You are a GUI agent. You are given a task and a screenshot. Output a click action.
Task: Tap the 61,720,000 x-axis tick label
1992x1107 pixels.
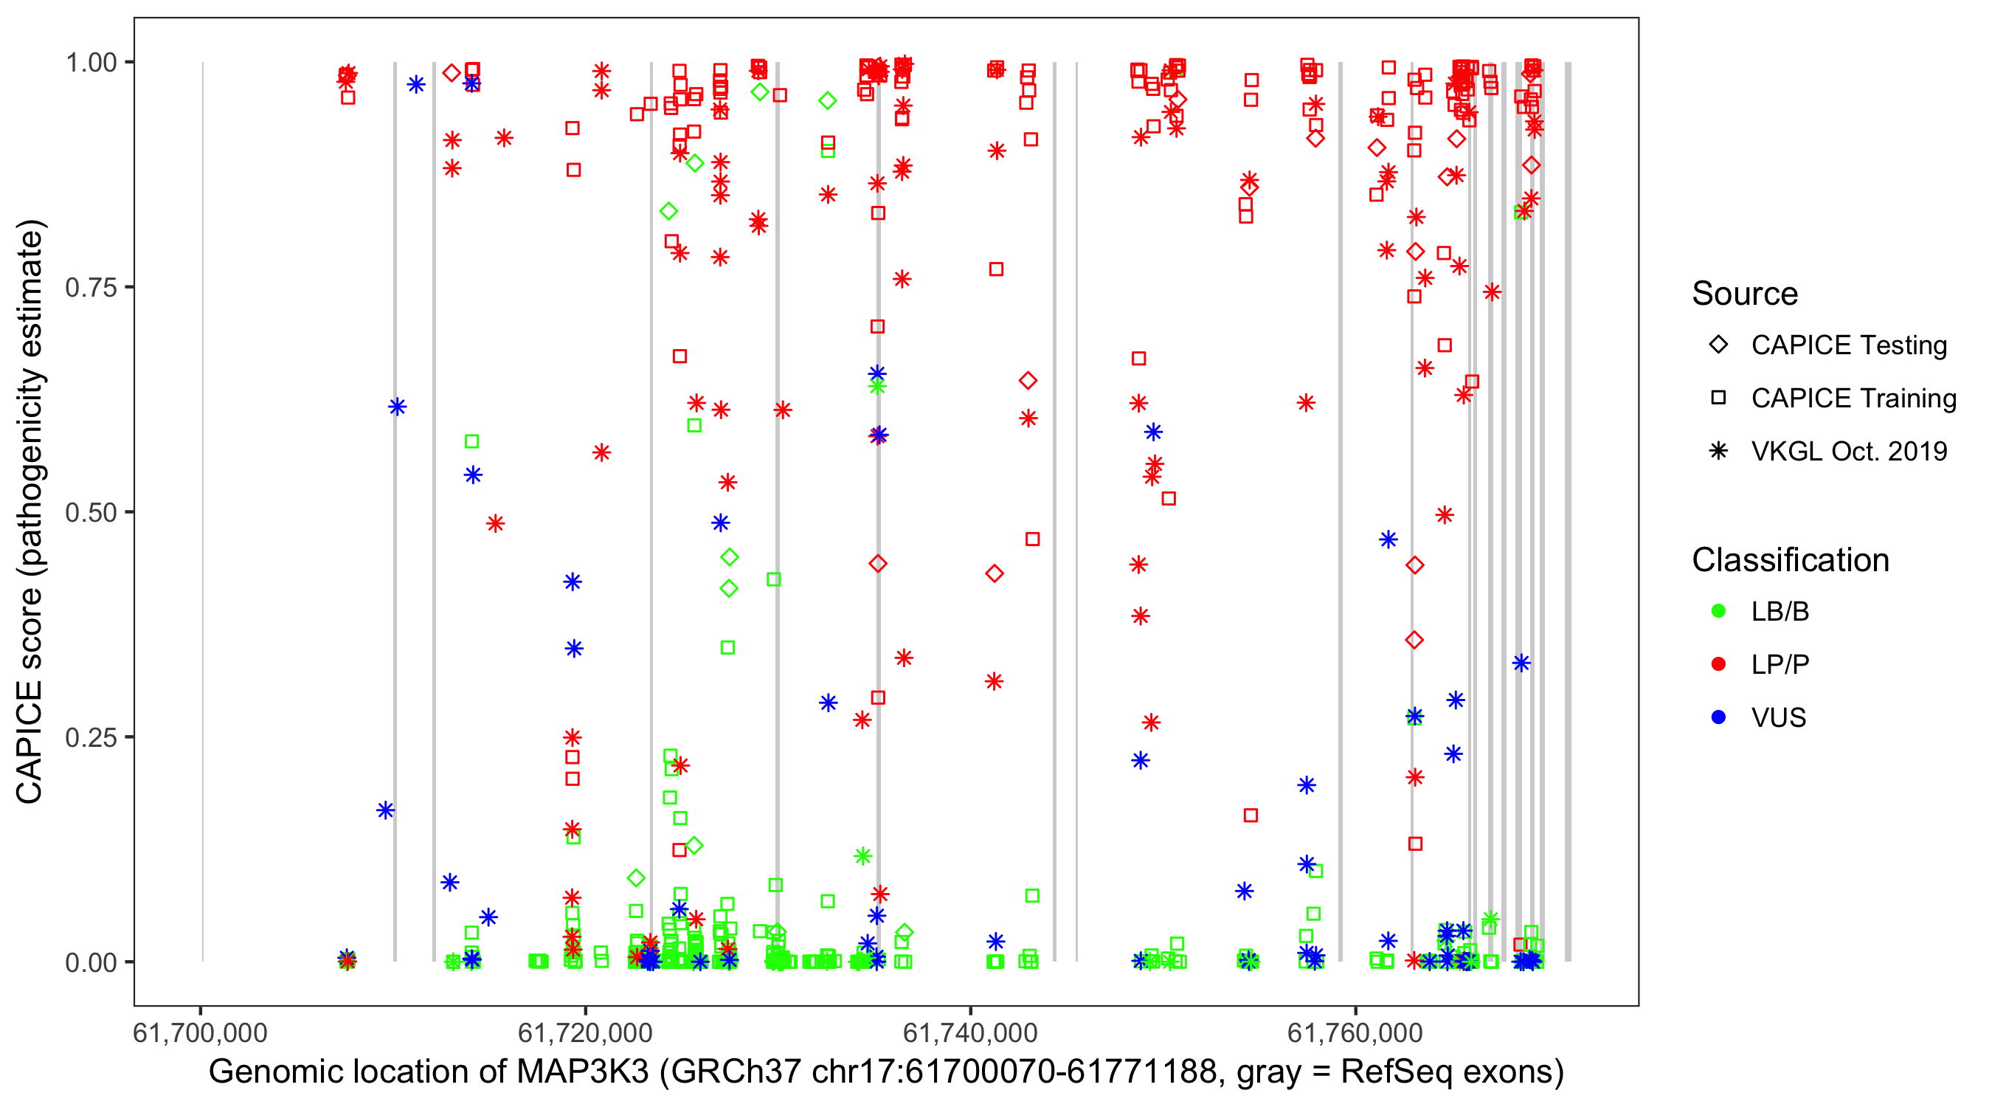584,1032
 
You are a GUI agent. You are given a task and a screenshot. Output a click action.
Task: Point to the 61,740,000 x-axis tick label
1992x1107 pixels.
969,1032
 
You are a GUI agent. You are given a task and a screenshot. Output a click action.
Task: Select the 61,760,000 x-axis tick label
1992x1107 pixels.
1354,1032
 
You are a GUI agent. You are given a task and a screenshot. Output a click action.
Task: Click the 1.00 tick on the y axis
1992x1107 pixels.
91,62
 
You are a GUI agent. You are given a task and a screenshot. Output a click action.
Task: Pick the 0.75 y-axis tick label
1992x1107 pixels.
91,287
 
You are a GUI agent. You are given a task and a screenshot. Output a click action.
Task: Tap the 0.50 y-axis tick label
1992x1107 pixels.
91,512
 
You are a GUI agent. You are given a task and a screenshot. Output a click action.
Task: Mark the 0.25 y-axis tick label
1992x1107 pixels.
91,737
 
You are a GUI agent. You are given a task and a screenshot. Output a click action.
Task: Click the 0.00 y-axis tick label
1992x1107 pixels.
91,962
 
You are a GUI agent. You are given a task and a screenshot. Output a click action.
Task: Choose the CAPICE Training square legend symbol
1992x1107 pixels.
1718,398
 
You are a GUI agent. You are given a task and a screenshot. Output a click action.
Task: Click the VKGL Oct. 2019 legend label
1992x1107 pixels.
1849,451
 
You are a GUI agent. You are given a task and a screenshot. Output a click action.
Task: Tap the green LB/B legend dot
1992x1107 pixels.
1718,611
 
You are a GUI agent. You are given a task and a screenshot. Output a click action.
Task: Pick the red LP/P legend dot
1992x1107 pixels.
1718,664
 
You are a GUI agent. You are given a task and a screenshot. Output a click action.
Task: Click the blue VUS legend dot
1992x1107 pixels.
1718,717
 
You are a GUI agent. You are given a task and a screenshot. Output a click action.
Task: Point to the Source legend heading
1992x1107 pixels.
1745,294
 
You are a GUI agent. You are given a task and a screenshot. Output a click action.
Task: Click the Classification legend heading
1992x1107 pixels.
1790,560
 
